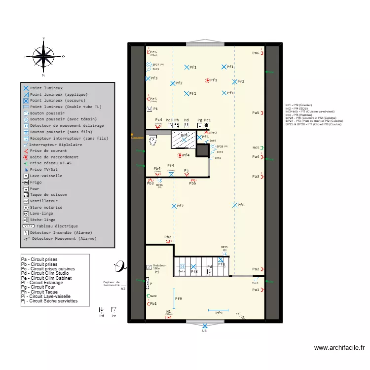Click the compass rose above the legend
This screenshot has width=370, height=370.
coord(44,56)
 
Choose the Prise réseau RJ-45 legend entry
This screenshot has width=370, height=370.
coord(50,163)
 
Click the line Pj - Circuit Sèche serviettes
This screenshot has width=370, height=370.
coord(49,300)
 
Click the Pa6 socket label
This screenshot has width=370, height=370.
coord(256,53)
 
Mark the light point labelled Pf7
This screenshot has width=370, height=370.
coord(180,206)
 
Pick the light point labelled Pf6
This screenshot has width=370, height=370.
coord(241,205)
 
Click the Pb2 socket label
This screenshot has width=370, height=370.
coord(168,237)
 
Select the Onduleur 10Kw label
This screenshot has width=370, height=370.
coord(159,267)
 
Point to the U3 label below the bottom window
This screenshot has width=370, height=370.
coord(204,331)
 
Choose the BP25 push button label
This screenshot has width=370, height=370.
coord(224,247)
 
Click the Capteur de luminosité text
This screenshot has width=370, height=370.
coord(111,284)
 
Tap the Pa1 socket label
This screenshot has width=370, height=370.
coord(256,290)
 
